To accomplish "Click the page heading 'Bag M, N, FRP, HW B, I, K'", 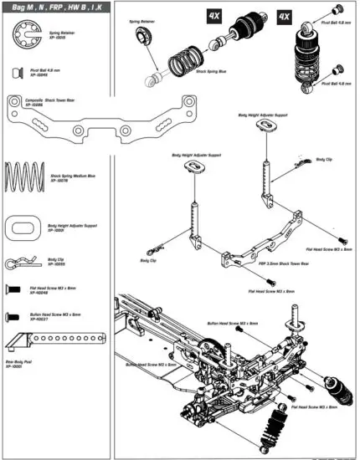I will [57, 8].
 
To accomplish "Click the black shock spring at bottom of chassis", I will [272, 432].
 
